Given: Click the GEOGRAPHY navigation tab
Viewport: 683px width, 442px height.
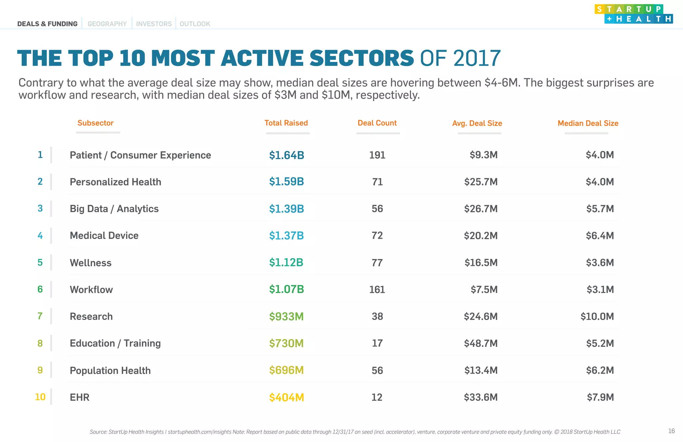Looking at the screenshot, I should [107, 24].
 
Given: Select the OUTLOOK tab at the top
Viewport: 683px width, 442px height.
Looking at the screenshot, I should [195, 24].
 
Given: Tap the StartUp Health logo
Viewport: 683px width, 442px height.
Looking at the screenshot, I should [633, 14].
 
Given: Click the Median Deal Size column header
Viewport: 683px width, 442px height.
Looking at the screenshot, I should [588, 123].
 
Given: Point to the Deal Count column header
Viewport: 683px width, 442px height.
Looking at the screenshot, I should [377, 123].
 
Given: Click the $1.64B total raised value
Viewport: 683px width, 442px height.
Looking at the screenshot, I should [286, 155].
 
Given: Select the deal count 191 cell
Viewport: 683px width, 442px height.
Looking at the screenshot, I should [377, 155].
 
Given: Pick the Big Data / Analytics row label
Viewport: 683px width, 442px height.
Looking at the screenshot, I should [114, 209].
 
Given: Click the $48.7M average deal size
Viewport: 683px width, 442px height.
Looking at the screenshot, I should [481, 343].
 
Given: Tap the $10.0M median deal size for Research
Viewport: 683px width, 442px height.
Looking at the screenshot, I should [597, 317].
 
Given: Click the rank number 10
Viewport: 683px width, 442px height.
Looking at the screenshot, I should [40, 397].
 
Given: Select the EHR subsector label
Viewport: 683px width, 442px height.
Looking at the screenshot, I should [79, 397].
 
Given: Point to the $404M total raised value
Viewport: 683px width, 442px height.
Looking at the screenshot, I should [286, 398].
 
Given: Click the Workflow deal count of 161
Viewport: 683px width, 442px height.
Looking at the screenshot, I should [377, 290].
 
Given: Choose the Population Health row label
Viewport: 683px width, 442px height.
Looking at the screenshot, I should [110, 371].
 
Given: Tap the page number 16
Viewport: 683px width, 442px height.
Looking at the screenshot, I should [671, 431].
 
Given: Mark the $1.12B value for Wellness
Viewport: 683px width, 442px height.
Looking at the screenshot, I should [286, 263].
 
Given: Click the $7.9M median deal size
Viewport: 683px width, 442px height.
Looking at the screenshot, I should [600, 397].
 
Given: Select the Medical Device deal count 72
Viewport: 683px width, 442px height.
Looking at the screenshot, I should [377, 236].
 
